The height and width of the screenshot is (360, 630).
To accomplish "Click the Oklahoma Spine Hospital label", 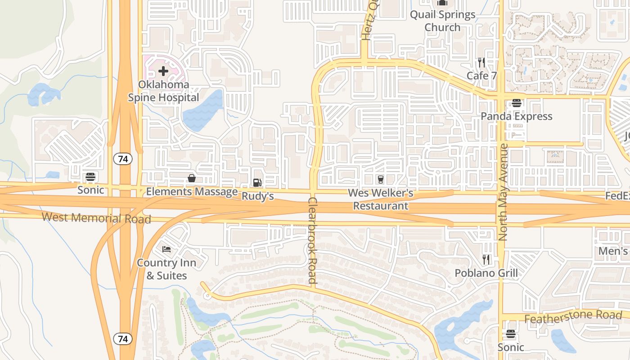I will pyautogui.click(x=163, y=91).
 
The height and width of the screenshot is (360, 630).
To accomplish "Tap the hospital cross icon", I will pyautogui.click(x=163, y=71).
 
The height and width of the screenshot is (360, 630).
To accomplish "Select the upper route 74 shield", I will pyautogui.click(x=122, y=158).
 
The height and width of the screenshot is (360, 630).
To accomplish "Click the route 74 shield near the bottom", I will pyautogui.click(x=122, y=338).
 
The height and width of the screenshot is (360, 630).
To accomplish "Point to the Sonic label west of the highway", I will pyautogui.click(x=90, y=190).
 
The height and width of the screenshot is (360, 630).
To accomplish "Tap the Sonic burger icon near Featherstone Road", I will pyautogui.click(x=510, y=334).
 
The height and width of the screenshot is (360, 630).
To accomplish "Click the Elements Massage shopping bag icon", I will pyautogui.click(x=192, y=179).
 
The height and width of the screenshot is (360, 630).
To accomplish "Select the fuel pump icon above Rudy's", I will pyautogui.click(x=257, y=182).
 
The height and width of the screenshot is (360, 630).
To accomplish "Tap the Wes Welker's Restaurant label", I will pyautogui.click(x=381, y=200).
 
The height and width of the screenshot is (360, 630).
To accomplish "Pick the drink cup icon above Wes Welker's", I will pyautogui.click(x=381, y=180).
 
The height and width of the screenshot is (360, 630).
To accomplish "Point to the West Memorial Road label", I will pyautogui.click(x=96, y=218).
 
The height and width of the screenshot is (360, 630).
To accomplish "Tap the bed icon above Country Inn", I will pyautogui.click(x=166, y=249).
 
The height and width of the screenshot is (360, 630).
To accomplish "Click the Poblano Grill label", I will pyautogui.click(x=486, y=273).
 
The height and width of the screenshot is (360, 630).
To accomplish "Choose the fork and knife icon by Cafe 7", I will pyautogui.click(x=481, y=62).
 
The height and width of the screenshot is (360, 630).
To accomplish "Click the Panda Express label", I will pyautogui.click(x=516, y=116).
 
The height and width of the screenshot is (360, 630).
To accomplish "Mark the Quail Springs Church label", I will pyautogui.click(x=442, y=21).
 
